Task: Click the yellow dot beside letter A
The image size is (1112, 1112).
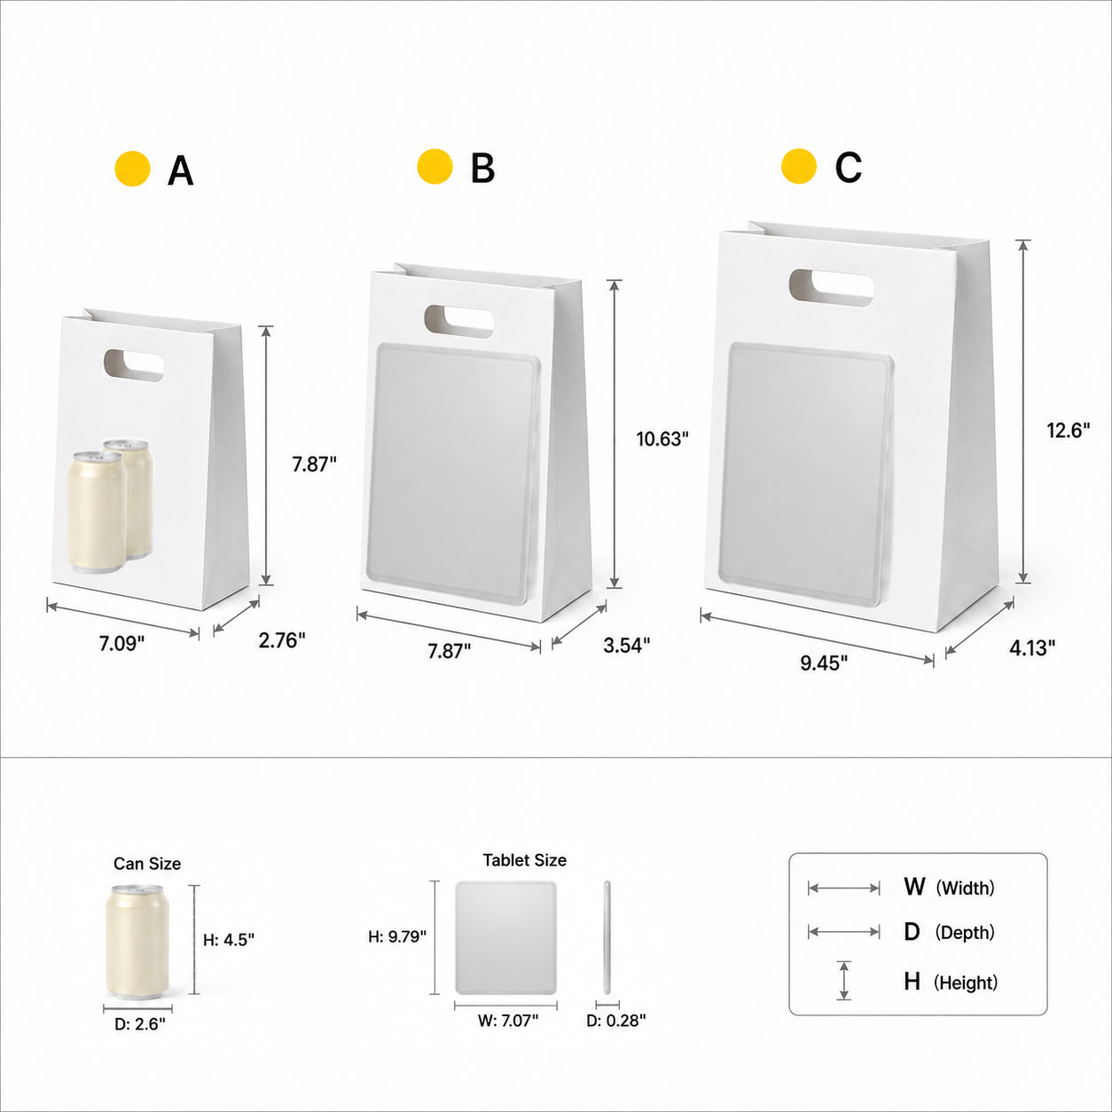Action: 133,168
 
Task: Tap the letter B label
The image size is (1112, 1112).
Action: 482,168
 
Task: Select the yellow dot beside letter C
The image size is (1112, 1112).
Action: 799,166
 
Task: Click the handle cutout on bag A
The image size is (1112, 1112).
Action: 134,365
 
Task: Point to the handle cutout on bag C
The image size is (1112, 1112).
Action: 831,287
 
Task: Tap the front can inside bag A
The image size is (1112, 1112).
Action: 98,512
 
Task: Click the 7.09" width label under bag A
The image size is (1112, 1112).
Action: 121,643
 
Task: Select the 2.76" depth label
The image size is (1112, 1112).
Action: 282,640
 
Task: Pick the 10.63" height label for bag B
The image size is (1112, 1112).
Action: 662,439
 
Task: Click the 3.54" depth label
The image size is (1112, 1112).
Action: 627,645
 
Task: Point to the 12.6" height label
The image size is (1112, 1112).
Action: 1069,430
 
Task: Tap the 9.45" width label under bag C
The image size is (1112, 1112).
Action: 824,663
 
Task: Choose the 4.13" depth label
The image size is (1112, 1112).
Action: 1032,647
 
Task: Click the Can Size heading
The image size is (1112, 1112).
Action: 147,864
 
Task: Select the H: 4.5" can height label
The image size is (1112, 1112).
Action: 229,939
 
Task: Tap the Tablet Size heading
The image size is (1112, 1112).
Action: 525,860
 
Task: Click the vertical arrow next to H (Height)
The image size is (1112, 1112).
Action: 843,980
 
